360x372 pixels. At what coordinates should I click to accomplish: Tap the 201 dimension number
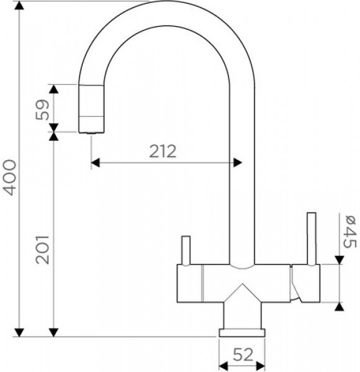(x=42, y=250)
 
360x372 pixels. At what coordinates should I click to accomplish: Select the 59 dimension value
(x=42, y=110)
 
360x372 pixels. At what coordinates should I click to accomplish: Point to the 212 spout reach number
(x=163, y=151)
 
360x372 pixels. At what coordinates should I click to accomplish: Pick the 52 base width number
(x=243, y=355)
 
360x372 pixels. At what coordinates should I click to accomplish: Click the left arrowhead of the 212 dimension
(x=96, y=162)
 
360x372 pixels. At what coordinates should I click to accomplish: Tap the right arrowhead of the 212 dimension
(x=238, y=162)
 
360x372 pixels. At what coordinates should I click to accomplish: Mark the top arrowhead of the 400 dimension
(x=19, y=6)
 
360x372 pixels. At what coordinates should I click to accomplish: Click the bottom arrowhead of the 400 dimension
(x=19, y=332)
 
